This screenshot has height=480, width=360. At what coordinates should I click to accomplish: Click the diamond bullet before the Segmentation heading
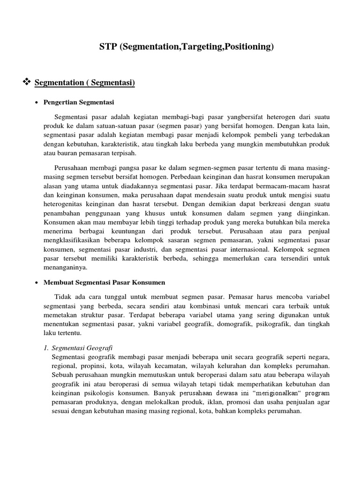(26, 82)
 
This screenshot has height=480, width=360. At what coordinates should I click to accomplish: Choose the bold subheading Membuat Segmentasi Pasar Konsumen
(104, 283)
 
